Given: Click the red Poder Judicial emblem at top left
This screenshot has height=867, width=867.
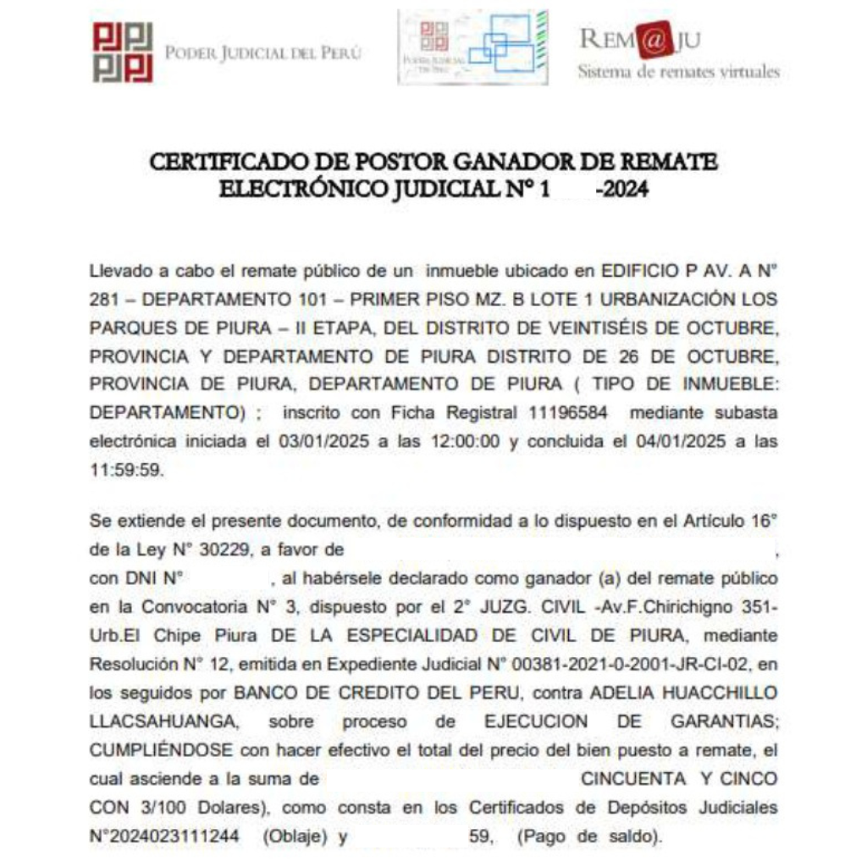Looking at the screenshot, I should [123, 52].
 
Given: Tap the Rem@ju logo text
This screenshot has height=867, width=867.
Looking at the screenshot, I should [640, 40].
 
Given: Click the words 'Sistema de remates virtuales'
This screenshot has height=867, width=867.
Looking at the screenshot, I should [678, 72].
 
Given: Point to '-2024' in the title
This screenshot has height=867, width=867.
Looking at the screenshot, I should [622, 190].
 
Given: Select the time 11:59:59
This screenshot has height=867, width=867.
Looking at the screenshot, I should [125, 470].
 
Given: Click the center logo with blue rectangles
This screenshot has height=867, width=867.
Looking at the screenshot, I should [472, 47].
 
